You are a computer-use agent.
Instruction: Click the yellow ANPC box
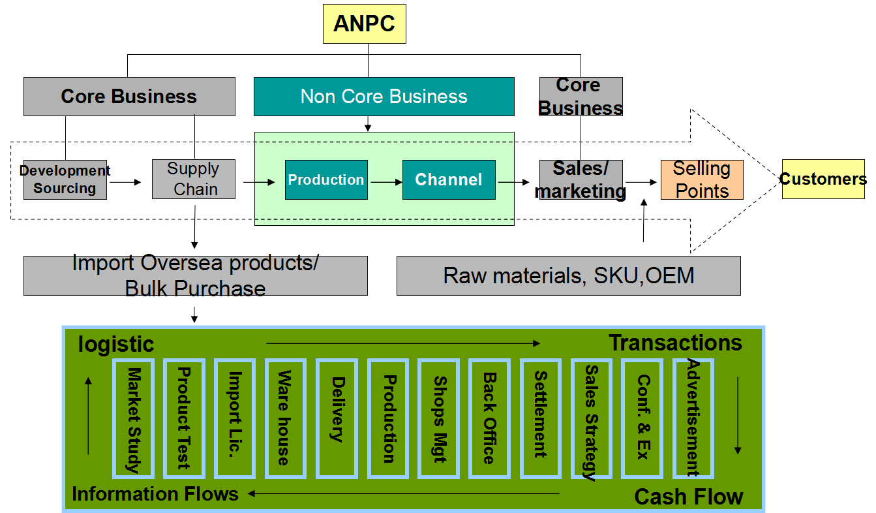[364, 23]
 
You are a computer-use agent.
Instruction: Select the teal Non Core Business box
[384, 97]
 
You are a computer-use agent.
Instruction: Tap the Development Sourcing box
[65, 179]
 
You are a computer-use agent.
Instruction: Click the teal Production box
[326, 179]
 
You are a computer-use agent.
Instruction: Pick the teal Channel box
[449, 179]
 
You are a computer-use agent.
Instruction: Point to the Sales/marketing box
[581, 179]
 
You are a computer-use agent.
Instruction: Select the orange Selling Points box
[702, 179]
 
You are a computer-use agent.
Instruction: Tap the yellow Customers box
[823, 179]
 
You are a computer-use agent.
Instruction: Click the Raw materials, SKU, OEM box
[568, 275]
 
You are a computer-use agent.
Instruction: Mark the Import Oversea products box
[195, 275]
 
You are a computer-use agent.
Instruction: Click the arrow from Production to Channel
[385, 182]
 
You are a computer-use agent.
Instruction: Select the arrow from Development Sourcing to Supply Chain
[125, 182]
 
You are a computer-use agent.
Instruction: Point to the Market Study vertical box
[133, 418]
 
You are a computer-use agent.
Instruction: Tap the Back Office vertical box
[489, 418]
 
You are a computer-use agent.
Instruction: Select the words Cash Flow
[688, 497]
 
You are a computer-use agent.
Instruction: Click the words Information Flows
[155, 494]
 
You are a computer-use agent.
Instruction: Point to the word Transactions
[675, 343]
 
